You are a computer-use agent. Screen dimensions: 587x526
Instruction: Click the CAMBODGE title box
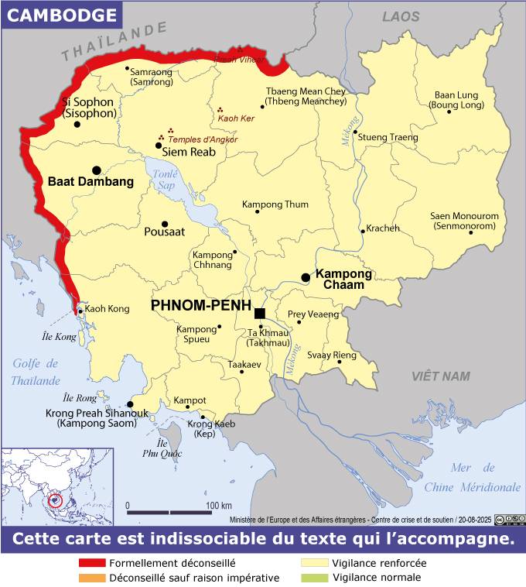pyautogui.click(x=61, y=15)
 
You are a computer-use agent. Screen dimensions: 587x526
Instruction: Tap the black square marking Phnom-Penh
pyautogui.click(x=260, y=313)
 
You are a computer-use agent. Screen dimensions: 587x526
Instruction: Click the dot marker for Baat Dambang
pyautogui.click(x=97, y=170)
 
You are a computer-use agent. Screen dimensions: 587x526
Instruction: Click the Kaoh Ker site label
pyautogui.click(x=238, y=120)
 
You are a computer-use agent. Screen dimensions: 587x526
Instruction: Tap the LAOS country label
pyautogui.click(x=400, y=16)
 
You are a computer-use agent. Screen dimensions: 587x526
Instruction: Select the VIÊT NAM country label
pyautogui.click(x=441, y=376)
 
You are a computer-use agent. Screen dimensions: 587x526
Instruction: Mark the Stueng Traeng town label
pyautogui.click(x=388, y=137)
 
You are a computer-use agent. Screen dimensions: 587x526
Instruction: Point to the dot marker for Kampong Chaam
pyautogui.click(x=306, y=277)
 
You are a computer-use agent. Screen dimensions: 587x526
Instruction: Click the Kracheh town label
pyautogui.click(x=383, y=228)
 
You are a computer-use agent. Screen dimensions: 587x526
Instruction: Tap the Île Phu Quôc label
pyautogui.click(x=161, y=448)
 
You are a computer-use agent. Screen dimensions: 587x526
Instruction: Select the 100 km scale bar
pyautogui.click(x=176, y=513)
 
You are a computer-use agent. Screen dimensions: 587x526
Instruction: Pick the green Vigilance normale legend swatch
pyautogui.click(x=313, y=578)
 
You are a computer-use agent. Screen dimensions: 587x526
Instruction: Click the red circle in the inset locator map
pyautogui.click(x=55, y=499)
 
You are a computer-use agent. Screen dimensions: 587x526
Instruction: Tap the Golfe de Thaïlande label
pyautogui.click(x=35, y=372)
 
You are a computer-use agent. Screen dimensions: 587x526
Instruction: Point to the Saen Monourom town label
pyautogui.click(x=465, y=221)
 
